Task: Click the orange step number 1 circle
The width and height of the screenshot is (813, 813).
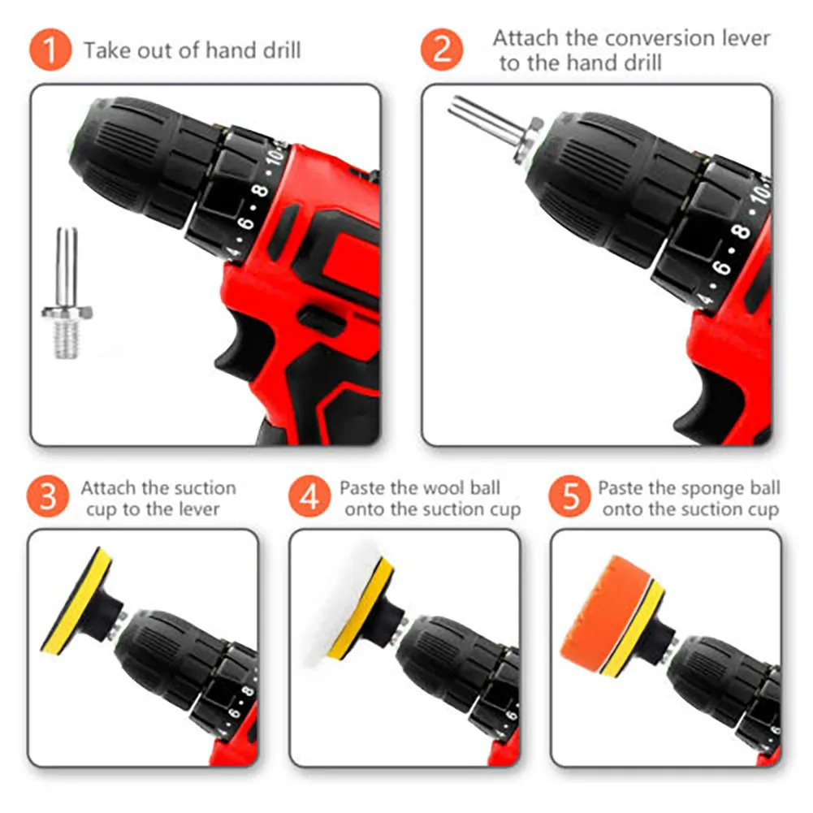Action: click(x=50, y=50)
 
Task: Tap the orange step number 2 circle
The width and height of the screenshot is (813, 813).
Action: click(x=441, y=50)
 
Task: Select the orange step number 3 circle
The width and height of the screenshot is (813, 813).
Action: click(x=48, y=496)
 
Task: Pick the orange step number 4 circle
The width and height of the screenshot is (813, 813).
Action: click(x=309, y=496)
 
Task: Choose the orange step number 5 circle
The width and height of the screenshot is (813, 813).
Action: click(x=570, y=496)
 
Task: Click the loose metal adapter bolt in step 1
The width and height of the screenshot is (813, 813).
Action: click(x=67, y=293)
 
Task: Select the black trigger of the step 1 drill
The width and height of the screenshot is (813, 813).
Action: click(x=244, y=345)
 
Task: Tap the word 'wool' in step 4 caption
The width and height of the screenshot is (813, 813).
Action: click(x=448, y=488)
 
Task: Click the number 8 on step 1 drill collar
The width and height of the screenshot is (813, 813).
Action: click(x=260, y=190)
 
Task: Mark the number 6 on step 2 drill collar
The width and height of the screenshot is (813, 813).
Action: click(x=722, y=267)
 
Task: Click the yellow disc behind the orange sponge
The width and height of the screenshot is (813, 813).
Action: click(x=634, y=628)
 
